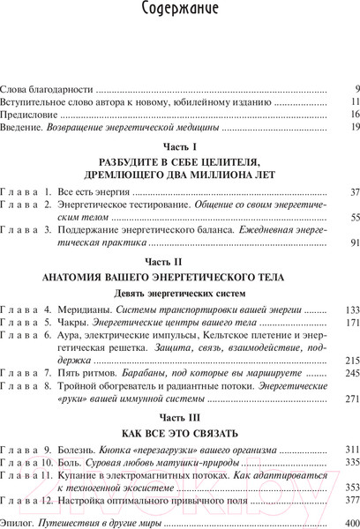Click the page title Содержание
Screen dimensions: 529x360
pos(180,12)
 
